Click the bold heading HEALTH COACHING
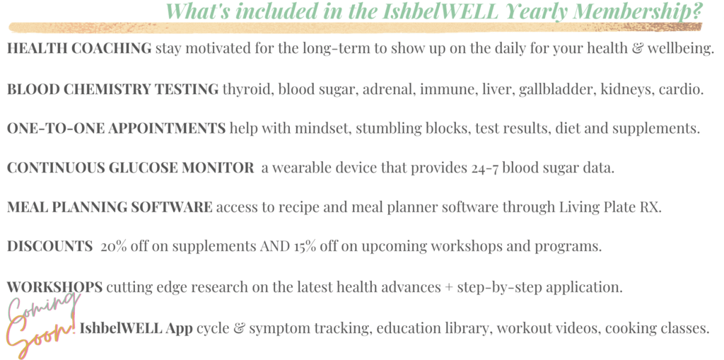(x=79, y=48)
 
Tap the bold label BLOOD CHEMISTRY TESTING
(x=113, y=89)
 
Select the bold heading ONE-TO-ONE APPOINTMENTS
(x=117, y=129)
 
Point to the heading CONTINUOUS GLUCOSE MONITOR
(x=131, y=168)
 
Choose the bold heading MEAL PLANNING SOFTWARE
(x=110, y=207)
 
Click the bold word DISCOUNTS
(x=50, y=247)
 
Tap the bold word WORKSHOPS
(x=55, y=287)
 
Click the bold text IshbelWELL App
(x=136, y=329)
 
